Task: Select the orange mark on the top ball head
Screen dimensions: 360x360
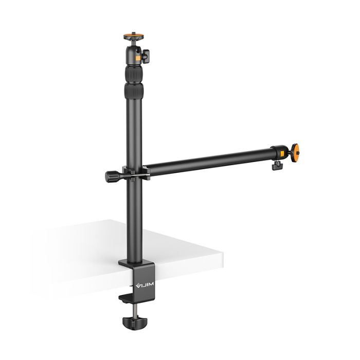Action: tap(139, 59)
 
